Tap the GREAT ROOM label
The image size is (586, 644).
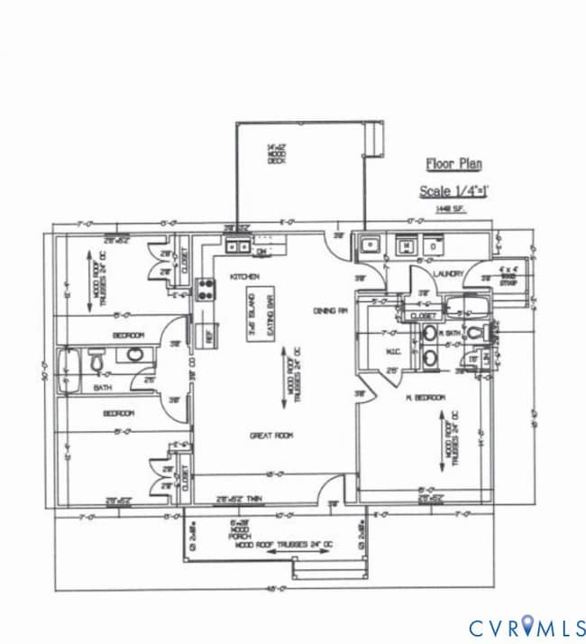click(271, 436)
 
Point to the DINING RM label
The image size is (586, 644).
click(331, 311)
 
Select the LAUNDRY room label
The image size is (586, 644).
click(448, 273)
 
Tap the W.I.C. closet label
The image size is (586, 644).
click(393, 352)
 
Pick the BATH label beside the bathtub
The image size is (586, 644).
click(102, 388)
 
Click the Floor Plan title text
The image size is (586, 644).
click(453, 164)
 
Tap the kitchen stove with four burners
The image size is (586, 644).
click(206, 290)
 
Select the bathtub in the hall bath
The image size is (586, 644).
click(68, 370)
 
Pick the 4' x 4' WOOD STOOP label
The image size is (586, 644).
click(510, 273)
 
